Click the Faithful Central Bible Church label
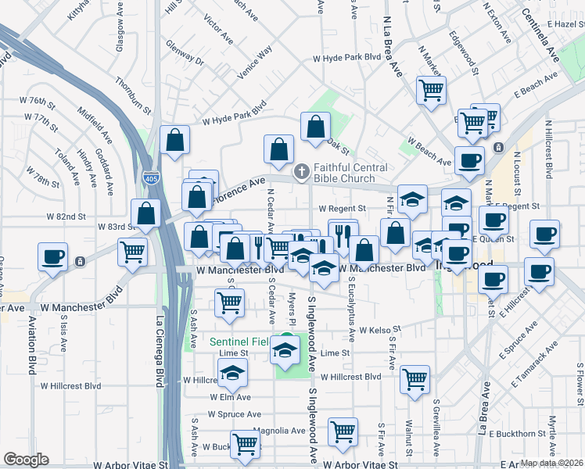(x=350, y=174)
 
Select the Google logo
(x=25, y=460)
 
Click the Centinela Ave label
(x=541, y=37)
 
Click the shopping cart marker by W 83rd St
(x=133, y=251)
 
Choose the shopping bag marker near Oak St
(x=315, y=126)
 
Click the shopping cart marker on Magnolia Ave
(x=343, y=430)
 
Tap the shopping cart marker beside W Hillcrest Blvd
(x=415, y=378)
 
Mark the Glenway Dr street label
(x=184, y=59)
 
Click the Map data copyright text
(x=551, y=463)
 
